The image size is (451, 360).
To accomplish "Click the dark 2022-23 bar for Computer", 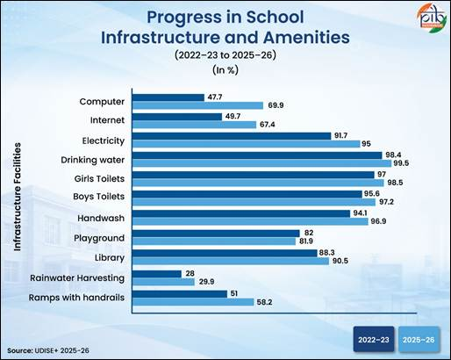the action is pos(168,97).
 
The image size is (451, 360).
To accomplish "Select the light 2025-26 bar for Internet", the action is pos(195,125).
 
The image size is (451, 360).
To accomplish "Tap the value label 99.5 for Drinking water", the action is pos(401,163).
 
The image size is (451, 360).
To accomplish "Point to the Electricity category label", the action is pos(104,140).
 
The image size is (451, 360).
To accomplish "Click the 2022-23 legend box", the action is pos(374,339).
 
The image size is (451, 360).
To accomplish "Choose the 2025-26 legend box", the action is pos(419,339).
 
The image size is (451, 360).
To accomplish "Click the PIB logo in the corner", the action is pos(432,18).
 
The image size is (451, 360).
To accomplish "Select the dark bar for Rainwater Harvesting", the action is pos(157,274).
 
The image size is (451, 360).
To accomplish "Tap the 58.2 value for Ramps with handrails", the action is pos(264,302).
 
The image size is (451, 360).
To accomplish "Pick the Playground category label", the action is pos(99,238).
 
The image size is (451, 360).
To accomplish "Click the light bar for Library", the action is pos(231,261).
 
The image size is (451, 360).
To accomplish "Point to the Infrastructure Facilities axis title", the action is pos(18,197).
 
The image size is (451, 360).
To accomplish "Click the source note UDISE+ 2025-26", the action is pos(48,350).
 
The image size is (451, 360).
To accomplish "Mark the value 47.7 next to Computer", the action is pos(215,97).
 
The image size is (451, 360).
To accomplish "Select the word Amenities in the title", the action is pos(306,38).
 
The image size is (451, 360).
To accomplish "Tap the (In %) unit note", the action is pos(225,70).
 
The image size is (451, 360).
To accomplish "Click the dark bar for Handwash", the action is pos(241,213).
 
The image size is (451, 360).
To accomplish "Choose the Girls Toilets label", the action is pos(99,178).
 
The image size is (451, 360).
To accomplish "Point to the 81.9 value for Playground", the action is pos(306,241).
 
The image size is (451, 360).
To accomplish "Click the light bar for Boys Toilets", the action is pos(254,202).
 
